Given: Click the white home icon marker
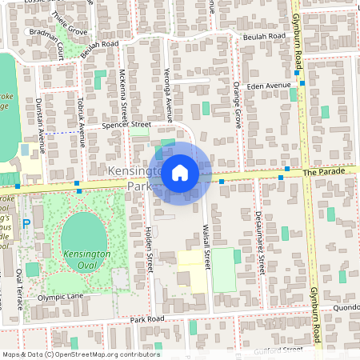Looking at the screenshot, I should coord(180,172).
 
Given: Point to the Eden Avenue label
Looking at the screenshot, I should coord(268,85).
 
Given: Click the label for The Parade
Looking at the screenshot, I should coord(324,172).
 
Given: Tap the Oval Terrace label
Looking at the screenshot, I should coord(18,289).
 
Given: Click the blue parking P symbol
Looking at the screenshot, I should coord(26,224).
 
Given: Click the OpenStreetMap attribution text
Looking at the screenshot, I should coord(80,354).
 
